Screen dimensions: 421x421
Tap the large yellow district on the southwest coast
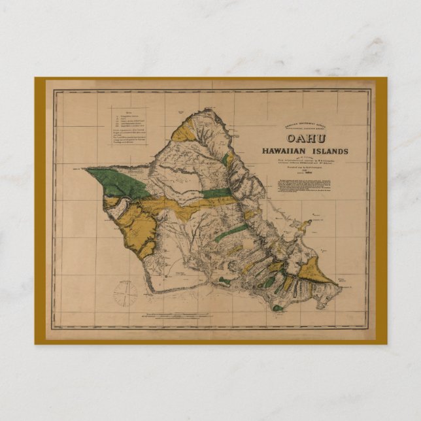tap(140, 225)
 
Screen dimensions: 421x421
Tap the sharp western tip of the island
tap(86, 169)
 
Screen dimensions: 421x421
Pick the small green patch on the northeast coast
tap(227, 159)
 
